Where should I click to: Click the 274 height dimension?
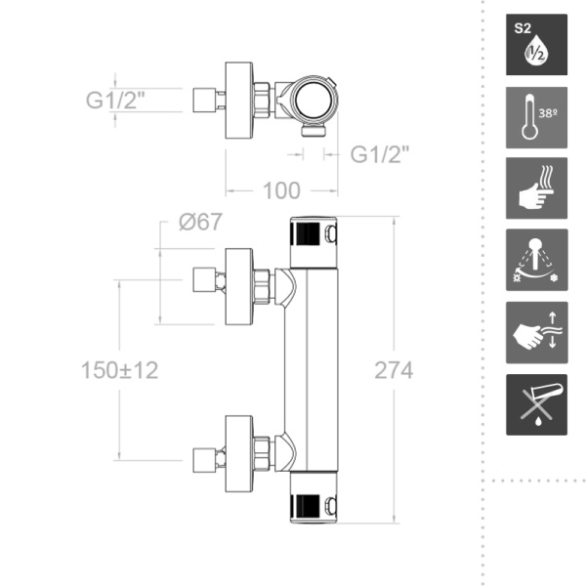click(393, 371)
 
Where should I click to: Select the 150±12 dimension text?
click(119, 371)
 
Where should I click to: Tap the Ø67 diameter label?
click(199, 223)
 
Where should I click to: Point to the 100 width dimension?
click(281, 189)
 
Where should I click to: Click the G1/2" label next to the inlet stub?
click(116, 100)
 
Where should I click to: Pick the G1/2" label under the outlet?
click(379, 154)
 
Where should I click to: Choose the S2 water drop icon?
click(536, 45)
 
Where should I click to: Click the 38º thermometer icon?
click(536, 117)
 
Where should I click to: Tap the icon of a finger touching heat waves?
click(536, 188)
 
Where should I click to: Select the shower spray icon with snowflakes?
click(536, 261)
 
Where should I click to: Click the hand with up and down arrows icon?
click(536, 332)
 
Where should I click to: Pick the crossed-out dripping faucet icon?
click(536, 404)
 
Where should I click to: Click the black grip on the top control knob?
click(306, 234)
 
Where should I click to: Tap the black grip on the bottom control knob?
click(306, 506)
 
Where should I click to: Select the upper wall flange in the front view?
click(239, 285)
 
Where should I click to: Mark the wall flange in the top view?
click(239, 100)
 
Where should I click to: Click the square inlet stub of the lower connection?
click(204, 455)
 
